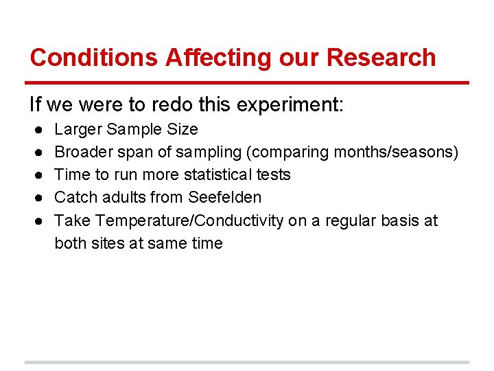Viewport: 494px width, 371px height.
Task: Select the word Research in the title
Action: tap(381, 58)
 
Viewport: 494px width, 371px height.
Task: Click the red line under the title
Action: tap(247, 83)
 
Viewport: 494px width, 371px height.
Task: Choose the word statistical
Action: tap(213, 175)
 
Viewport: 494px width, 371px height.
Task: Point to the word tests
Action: tap(273, 175)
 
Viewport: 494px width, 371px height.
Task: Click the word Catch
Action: tap(73, 197)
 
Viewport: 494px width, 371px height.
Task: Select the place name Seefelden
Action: tap(224, 197)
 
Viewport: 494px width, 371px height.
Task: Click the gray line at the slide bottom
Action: tap(247, 362)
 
